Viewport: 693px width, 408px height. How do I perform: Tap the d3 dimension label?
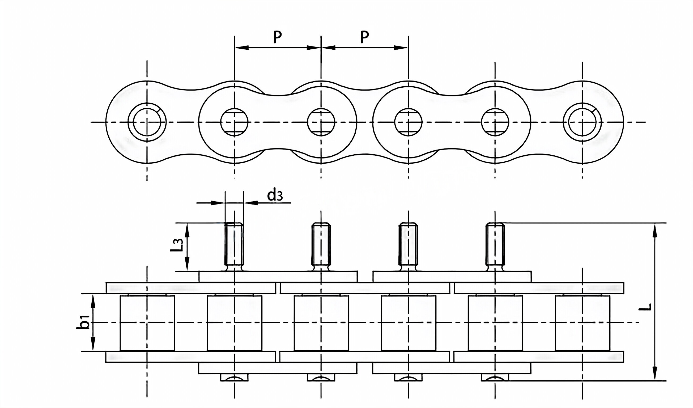point(275,195)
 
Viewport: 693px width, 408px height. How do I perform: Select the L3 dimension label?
point(179,245)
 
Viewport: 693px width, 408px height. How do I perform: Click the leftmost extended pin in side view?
point(234,245)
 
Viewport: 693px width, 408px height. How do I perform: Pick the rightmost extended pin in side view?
point(495,245)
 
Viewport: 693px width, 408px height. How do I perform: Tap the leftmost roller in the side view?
point(147,323)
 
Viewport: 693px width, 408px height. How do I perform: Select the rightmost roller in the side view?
point(583,323)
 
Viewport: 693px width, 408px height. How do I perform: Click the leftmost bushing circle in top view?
point(147,122)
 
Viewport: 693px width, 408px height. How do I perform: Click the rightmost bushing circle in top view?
point(582,122)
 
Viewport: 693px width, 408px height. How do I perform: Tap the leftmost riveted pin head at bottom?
point(234,377)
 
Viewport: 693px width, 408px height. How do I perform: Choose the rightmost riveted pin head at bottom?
point(495,377)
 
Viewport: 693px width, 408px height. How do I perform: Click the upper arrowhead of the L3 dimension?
point(187,230)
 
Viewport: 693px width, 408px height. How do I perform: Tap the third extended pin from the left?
point(408,245)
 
